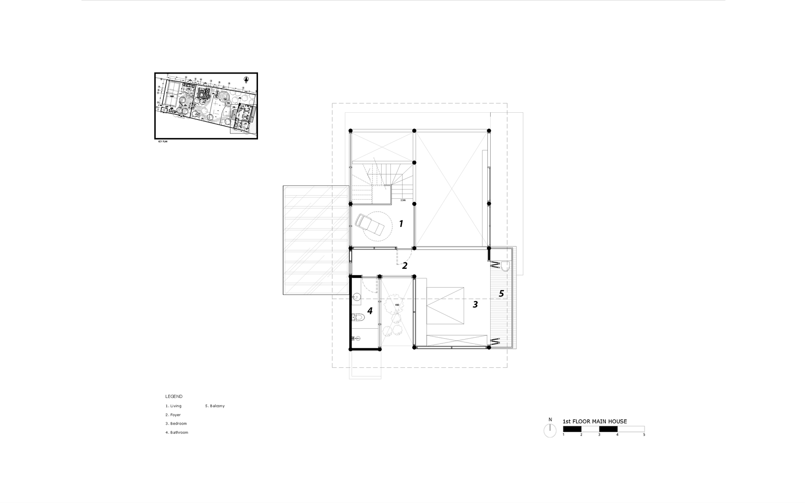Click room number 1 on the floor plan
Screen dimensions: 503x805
point(401,224)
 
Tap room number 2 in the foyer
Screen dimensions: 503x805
point(405,266)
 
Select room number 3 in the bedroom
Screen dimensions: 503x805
point(475,305)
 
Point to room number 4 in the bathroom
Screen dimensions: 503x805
point(370,311)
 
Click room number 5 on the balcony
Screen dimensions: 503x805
point(501,294)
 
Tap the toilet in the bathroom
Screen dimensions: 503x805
point(358,317)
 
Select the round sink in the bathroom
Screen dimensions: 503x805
point(357,298)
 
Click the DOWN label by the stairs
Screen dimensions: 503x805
point(403,200)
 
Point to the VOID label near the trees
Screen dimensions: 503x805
point(397,305)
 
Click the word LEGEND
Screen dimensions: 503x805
point(174,396)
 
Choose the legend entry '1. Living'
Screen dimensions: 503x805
point(173,406)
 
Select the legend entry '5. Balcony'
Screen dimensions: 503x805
point(215,406)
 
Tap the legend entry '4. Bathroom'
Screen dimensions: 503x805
point(177,433)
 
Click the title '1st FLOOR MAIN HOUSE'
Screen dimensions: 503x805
point(594,421)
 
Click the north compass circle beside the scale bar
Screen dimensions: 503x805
point(550,431)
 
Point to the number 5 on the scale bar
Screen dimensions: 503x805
point(644,435)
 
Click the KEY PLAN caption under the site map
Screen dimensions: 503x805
point(162,142)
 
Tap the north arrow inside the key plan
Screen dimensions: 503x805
point(246,79)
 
